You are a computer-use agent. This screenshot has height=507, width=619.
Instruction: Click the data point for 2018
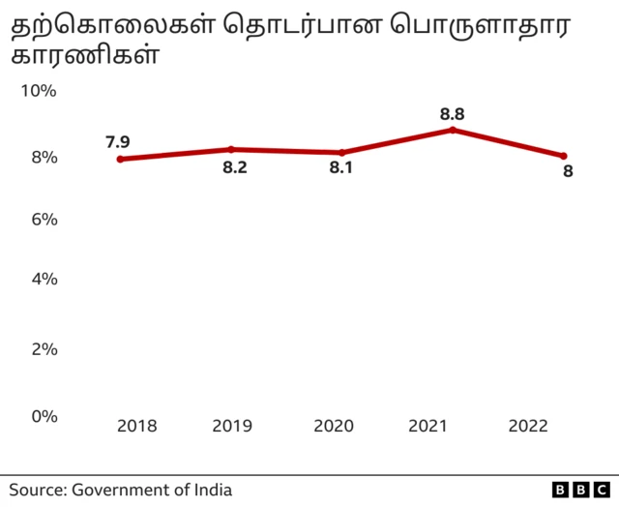point(120,159)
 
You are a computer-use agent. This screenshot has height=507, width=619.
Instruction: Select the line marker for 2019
point(231,149)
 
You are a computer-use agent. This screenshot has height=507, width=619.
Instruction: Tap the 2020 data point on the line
point(342,153)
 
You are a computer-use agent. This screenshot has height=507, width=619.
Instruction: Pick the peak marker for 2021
point(453,130)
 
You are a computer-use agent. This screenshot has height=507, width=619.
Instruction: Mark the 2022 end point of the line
point(564,156)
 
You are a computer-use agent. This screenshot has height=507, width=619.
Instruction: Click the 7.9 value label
point(117,142)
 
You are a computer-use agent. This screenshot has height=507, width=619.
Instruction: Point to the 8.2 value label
point(235,167)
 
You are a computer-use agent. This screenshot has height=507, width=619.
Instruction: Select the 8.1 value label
point(341,168)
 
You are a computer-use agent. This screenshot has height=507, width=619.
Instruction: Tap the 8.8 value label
point(452,113)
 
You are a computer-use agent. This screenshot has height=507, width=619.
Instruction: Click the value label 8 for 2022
point(568,172)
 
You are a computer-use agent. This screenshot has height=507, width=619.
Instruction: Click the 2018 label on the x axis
point(136,427)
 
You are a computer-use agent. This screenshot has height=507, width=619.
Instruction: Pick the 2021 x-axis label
point(428,427)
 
